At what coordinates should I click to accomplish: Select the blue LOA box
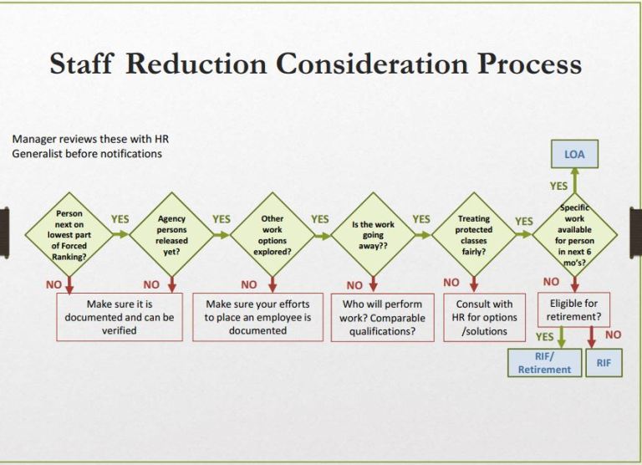point(574,154)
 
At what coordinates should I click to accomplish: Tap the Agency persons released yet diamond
point(171,234)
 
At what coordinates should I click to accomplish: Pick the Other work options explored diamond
point(273,234)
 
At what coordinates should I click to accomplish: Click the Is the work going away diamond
point(373,235)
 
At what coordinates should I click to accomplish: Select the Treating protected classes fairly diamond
point(474,234)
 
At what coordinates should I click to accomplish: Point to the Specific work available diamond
point(574,235)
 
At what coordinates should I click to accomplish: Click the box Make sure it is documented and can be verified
point(120,316)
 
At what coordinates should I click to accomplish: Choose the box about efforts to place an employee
point(257,316)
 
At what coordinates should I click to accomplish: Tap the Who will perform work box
point(383,317)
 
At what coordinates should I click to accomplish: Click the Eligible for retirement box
point(574,309)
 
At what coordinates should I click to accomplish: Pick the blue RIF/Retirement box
point(544,362)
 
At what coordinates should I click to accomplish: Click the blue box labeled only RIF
point(604,362)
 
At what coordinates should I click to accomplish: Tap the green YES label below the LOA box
point(558,186)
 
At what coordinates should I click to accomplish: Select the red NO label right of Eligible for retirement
point(613,334)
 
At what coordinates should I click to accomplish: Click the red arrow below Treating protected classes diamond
point(474,284)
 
